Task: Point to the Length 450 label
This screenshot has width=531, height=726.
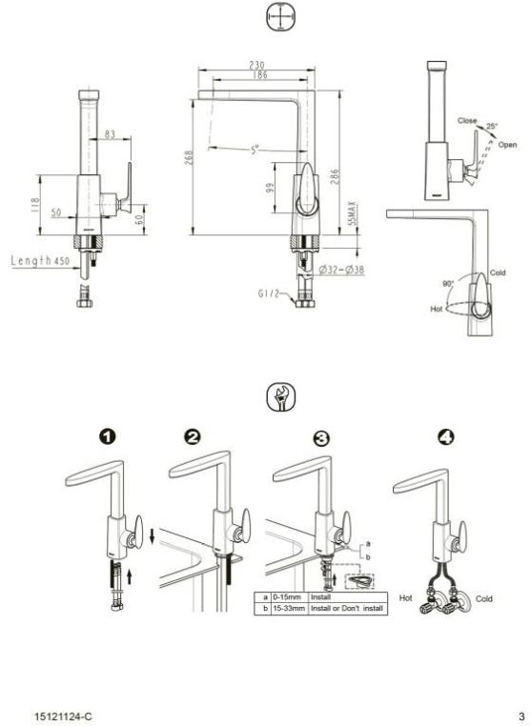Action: tap(44, 260)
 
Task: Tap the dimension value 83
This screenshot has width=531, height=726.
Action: tap(110, 135)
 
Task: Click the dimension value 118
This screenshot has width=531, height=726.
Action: tap(36, 204)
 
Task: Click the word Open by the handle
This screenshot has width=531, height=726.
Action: tap(506, 146)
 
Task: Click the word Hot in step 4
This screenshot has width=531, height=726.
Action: tap(405, 598)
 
